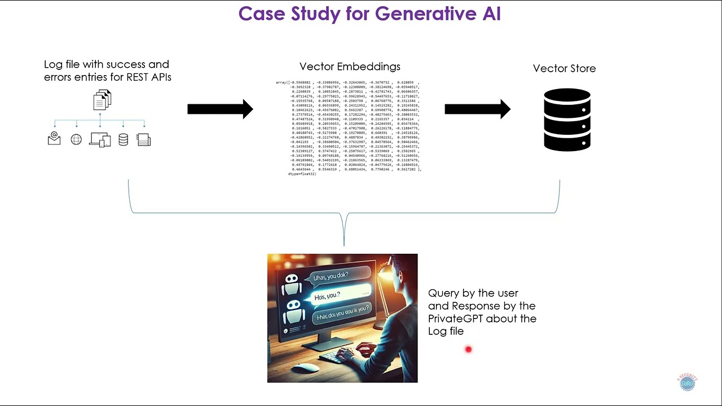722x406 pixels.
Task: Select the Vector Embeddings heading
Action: pyautogui.click(x=350, y=67)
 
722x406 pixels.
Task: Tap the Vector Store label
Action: pyautogui.click(x=564, y=68)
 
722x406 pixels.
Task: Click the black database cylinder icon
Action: pyautogui.click(x=567, y=120)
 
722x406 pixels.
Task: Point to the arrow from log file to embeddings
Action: pyautogui.click(x=220, y=109)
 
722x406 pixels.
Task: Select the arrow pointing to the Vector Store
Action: pyautogui.click(x=477, y=109)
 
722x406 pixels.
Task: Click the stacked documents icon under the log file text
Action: pyautogui.click(x=102, y=100)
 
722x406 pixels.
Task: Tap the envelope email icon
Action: pyautogui.click(x=54, y=139)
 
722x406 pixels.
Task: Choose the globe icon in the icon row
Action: pyautogui.click(x=76, y=139)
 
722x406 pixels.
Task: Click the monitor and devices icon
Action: pyautogui.click(x=100, y=139)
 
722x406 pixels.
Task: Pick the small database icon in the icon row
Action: pyautogui.click(x=123, y=139)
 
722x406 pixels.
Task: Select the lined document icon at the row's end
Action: pyautogui.click(x=144, y=139)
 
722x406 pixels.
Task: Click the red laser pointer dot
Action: pyautogui.click(x=468, y=350)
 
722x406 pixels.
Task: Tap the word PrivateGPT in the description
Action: pyautogui.click(x=455, y=319)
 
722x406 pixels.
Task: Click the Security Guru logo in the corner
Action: pyautogui.click(x=687, y=382)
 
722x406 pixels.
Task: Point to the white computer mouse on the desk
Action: pyautogui.click(x=306, y=368)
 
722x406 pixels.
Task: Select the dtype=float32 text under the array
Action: pyautogui.click(x=302, y=174)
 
